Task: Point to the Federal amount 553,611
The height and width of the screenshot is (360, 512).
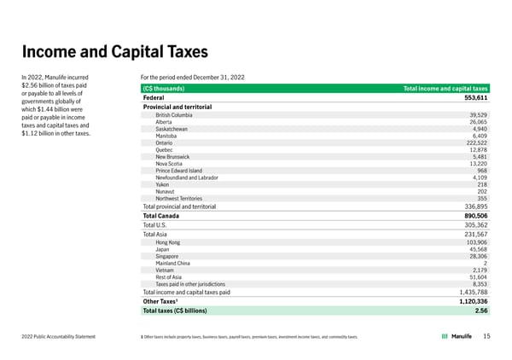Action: point(470,97)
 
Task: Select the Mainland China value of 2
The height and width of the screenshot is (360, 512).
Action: point(485,264)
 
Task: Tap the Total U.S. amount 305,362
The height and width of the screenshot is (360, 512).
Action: point(470,225)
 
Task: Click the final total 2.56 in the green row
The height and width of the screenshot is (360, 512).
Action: point(481,311)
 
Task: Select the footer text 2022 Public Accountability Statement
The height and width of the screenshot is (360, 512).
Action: point(59,337)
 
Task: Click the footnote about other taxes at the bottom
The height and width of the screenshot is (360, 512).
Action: point(248,338)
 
